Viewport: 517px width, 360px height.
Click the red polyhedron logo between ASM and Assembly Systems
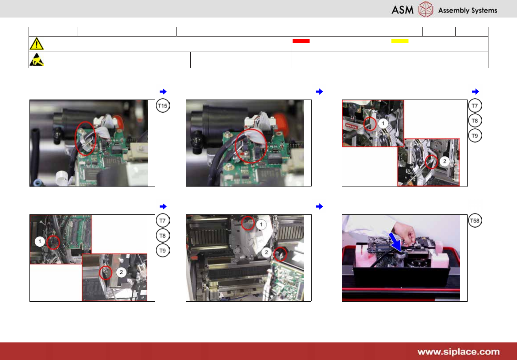click(x=426, y=9)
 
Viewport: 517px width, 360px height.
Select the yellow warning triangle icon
click(x=37, y=44)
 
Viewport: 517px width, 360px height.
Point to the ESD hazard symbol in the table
click(x=37, y=60)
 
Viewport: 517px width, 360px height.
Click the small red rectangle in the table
click(x=301, y=41)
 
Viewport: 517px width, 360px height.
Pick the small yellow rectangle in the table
click(x=400, y=41)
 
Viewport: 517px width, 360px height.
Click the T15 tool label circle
click(x=163, y=106)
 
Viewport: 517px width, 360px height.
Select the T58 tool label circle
click(x=475, y=221)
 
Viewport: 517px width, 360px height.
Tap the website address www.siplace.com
click(x=458, y=351)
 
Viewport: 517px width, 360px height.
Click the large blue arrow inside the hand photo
click(x=395, y=242)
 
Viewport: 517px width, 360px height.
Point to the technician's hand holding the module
click(x=405, y=233)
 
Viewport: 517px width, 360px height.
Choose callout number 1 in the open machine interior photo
click(x=261, y=224)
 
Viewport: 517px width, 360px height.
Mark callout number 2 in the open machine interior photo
click(x=266, y=252)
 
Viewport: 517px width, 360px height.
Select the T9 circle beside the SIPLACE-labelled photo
click(x=475, y=135)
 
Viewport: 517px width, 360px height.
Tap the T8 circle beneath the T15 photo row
click(x=163, y=236)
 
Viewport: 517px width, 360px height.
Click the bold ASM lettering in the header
click(x=402, y=10)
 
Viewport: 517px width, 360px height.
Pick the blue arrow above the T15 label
click(x=163, y=92)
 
